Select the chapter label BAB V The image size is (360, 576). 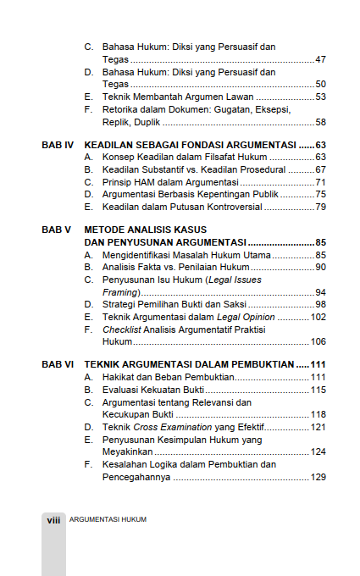pyautogui.click(x=55, y=230)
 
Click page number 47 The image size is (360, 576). pyautogui.click(x=320, y=60)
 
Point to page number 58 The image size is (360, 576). pyautogui.click(x=320, y=122)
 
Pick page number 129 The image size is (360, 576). pyautogui.click(x=318, y=477)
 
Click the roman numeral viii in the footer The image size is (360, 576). pyautogui.click(x=53, y=519)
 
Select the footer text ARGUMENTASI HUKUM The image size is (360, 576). pyautogui.click(x=108, y=519)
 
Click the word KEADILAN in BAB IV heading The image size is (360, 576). pyautogui.click(x=110, y=146)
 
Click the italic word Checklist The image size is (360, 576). pyautogui.click(x=120, y=330)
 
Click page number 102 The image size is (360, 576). pyautogui.click(x=318, y=317)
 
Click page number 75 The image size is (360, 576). pyautogui.click(x=320, y=195)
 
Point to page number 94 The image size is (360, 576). pyautogui.click(x=320, y=292)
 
